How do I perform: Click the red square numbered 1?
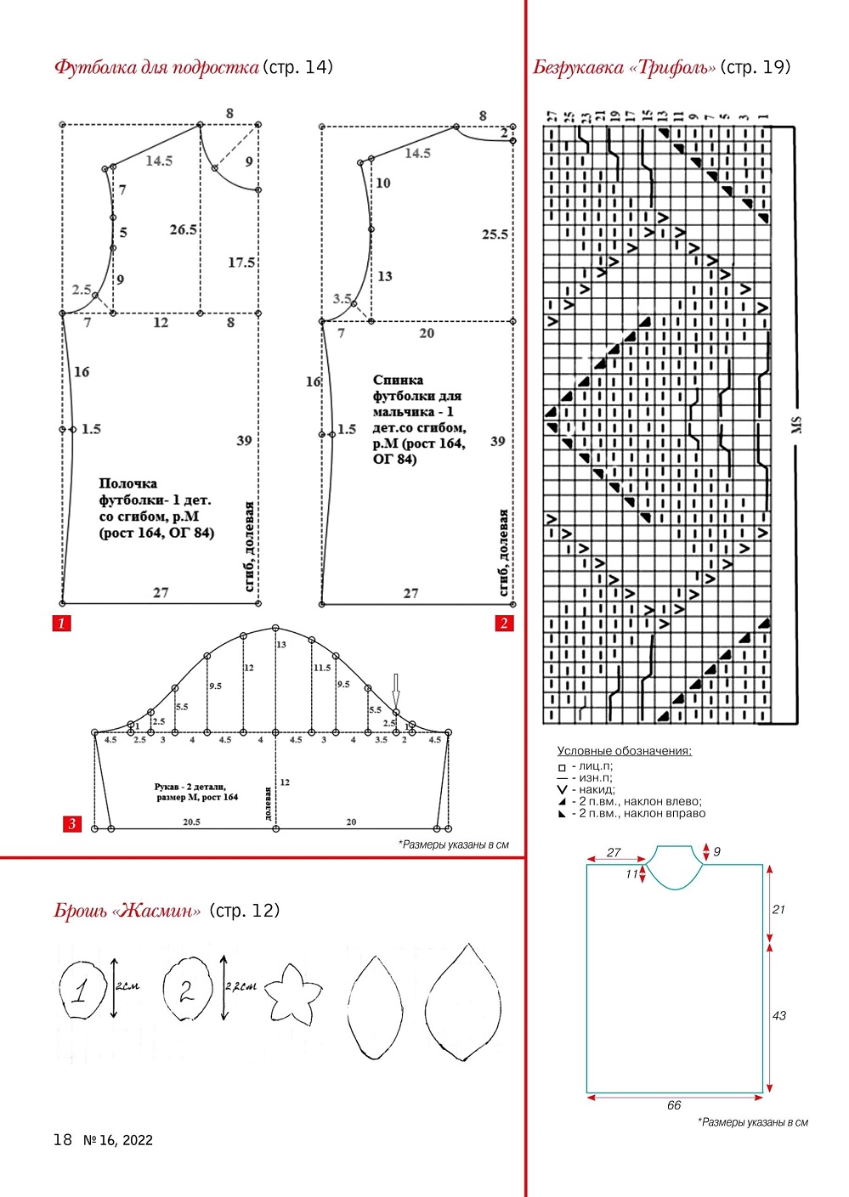click(61, 624)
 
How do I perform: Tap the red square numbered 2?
click(504, 624)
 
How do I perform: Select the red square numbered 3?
click(72, 823)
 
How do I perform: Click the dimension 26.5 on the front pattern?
click(183, 229)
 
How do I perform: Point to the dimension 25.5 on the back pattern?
click(495, 234)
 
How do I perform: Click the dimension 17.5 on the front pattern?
click(241, 263)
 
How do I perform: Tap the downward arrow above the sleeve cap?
click(395, 689)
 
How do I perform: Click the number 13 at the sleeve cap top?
click(281, 645)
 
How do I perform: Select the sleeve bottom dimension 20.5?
click(191, 822)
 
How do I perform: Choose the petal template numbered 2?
click(188, 991)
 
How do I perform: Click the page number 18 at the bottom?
click(63, 1140)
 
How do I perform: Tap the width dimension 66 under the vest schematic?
click(674, 1105)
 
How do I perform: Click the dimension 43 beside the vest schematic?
click(779, 1016)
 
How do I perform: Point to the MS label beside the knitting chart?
click(796, 425)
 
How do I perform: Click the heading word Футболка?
click(93, 67)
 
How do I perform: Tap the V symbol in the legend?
click(562, 790)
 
